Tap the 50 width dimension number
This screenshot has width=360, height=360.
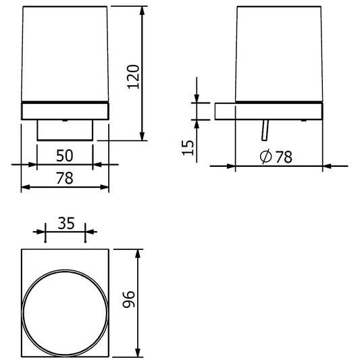pos(64,156)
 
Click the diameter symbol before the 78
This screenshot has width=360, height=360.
pos(265,157)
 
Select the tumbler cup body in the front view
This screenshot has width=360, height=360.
pos(64,54)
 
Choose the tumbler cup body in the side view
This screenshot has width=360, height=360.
pos(279,54)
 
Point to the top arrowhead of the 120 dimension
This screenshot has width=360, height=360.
pos(143,12)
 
